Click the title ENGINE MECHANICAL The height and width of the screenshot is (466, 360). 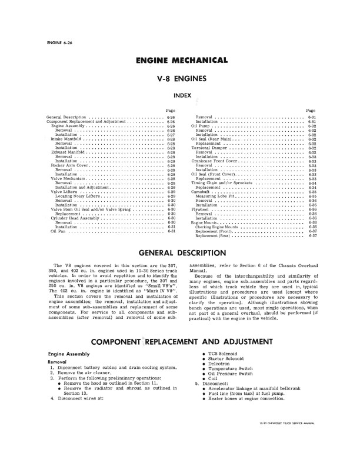coord(180,61)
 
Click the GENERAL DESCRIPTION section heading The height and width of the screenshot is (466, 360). coord(180,254)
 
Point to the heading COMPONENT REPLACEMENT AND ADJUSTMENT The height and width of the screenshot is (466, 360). coord(180,341)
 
